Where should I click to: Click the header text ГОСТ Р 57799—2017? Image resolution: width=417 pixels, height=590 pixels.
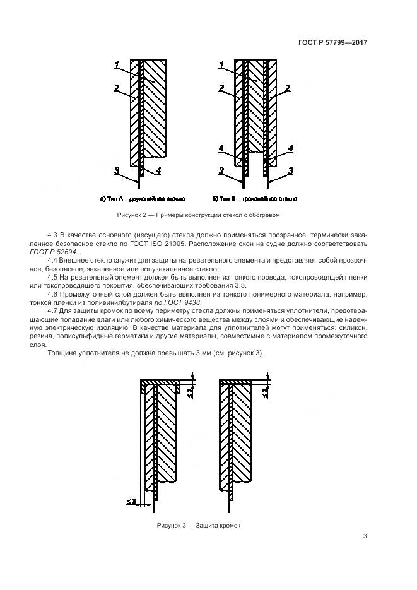332,42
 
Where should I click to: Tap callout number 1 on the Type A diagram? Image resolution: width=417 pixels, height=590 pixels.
117,64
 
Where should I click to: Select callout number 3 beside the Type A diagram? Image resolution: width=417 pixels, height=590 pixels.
117,171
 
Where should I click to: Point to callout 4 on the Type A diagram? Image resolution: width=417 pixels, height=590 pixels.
158,170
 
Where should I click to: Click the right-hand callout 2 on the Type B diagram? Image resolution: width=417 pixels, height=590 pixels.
288,88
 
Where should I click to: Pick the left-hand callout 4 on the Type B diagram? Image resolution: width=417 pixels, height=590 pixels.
221,148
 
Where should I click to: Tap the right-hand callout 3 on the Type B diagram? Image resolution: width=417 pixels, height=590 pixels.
290,170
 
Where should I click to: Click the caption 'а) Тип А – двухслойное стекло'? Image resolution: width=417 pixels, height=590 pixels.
142,199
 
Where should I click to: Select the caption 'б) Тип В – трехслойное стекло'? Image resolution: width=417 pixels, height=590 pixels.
255,199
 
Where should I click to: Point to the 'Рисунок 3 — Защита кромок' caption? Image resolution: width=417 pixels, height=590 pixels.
199,525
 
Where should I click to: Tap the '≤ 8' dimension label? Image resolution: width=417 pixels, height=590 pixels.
131,501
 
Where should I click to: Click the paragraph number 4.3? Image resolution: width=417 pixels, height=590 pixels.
54,235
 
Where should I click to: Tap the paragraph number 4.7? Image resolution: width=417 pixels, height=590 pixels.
54,310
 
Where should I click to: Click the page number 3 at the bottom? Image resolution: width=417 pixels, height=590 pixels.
365,536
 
